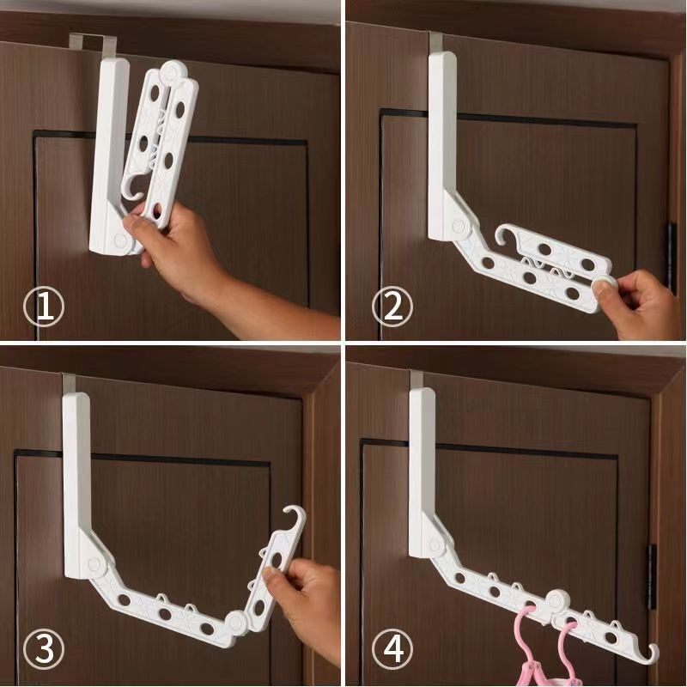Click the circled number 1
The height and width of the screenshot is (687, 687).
pos(44,307)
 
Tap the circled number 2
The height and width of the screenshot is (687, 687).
pos(392,307)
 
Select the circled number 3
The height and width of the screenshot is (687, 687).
pos(44,648)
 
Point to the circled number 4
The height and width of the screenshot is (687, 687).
pos(392,648)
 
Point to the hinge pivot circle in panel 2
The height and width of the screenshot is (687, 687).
pos(459,227)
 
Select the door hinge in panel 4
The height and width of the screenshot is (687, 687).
pos(653,576)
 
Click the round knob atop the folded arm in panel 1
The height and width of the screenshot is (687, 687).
pos(173,71)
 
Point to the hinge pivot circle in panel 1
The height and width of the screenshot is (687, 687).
pos(119,240)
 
